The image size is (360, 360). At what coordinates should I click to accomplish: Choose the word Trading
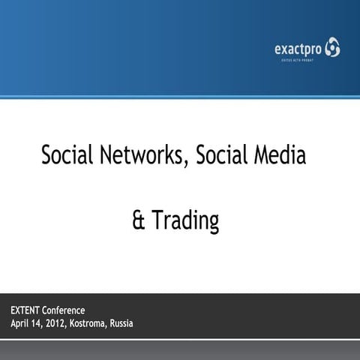(185, 221)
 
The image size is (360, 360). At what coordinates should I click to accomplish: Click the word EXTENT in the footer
(25, 310)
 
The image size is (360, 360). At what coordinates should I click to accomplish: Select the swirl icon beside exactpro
(331, 49)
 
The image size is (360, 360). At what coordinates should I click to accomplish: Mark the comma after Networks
(186, 163)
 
